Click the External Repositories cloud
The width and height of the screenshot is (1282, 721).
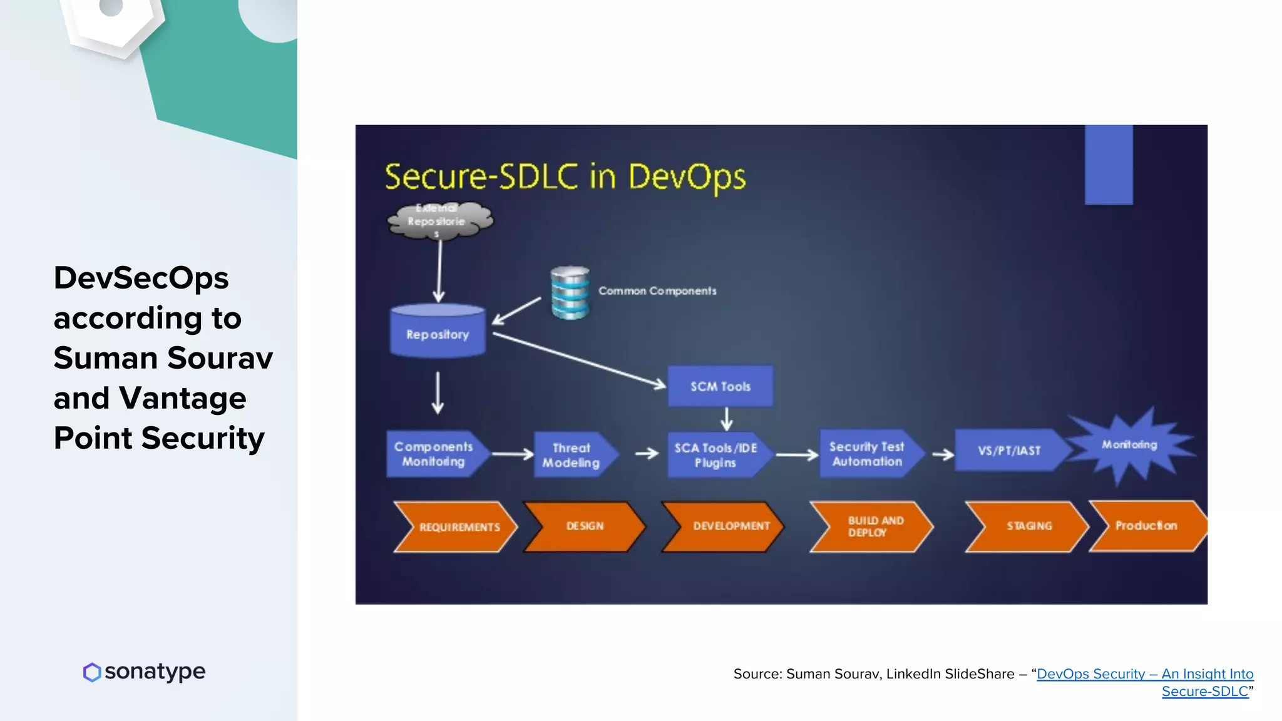(440, 220)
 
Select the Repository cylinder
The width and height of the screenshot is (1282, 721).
(438, 332)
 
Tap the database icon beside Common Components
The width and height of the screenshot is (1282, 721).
(570, 293)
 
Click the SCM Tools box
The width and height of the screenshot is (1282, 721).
(720, 386)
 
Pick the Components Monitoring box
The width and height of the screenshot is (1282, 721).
(434, 454)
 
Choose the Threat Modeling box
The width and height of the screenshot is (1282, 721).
(572, 455)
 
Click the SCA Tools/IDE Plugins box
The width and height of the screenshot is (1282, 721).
(716, 455)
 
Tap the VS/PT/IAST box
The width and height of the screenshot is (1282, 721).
(1009, 451)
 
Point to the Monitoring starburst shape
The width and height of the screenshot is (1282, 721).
(1129, 446)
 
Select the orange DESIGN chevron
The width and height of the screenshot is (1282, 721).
(585, 526)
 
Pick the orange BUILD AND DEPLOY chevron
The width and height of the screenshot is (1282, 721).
(871, 526)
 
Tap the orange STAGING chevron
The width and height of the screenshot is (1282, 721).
(1027, 526)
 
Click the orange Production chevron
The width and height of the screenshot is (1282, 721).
(1146, 526)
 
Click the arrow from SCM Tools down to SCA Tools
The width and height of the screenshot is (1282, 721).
(726, 419)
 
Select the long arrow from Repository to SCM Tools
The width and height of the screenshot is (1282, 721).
(579, 360)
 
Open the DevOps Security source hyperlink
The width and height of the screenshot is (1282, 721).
(1144, 674)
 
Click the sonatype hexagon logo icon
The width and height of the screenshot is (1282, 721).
(92, 672)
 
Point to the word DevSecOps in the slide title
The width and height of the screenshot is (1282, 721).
(141, 277)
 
